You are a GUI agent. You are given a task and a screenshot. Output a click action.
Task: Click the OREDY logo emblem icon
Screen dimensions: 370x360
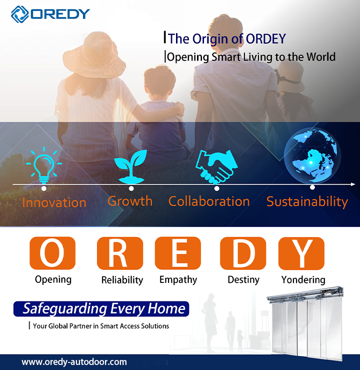coord(20,14)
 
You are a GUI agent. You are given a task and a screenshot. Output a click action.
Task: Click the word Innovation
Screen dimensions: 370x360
coord(54,203)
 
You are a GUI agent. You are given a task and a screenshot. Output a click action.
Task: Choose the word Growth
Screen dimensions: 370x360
coord(130,201)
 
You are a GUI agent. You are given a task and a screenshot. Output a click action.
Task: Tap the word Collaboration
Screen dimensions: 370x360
coord(209,201)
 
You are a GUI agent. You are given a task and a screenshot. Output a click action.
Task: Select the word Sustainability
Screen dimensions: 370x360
coord(307,202)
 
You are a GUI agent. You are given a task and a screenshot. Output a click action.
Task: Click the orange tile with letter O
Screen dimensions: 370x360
coord(52,253)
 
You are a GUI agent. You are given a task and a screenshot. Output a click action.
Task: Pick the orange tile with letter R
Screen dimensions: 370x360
coord(119,253)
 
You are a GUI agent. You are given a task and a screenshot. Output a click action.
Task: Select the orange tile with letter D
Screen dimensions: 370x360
coord(243,253)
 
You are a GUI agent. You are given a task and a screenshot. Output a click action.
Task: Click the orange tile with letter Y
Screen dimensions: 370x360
coord(302,253)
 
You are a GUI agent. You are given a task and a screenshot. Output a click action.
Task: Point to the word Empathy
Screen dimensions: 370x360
coord(178,280)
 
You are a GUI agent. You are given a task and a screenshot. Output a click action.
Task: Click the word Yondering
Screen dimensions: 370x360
coord(303,280)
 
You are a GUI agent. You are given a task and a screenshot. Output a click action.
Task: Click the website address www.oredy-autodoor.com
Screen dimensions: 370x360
coord(74,361)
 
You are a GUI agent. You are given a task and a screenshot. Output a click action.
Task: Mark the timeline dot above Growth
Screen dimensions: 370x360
coord(131,189)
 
